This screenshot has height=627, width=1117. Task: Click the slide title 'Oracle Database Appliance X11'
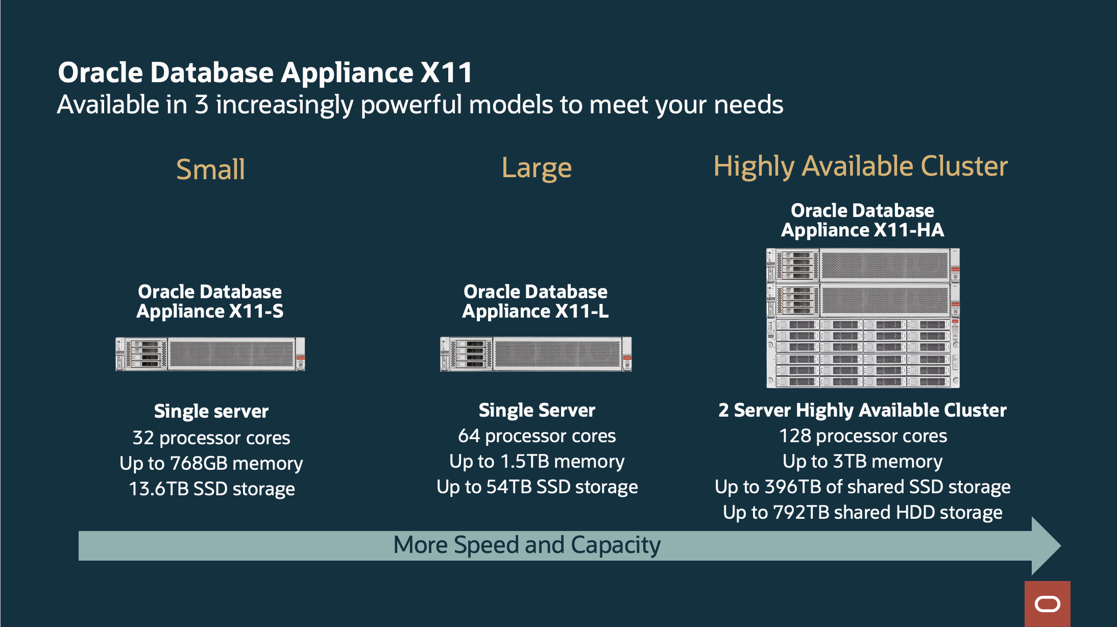click(265, 73)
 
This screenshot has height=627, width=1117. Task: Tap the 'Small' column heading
click(210, 170)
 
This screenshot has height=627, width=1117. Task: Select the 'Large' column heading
click(536, 168)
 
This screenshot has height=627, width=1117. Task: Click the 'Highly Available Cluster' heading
click(860, 166)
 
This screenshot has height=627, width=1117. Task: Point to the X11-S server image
click(210, 354)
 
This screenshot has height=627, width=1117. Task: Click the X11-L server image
click(536, 354)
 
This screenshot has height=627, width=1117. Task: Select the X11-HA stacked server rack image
click(862, 318)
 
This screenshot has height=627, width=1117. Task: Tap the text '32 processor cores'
click(211, 438)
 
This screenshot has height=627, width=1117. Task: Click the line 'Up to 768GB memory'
click(211, 464)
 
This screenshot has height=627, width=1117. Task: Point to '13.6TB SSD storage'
click(211, 489)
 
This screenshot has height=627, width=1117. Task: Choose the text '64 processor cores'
click(537, 436)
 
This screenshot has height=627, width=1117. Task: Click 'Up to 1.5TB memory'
click(537, 462)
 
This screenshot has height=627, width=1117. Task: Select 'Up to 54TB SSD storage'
click(537, 487)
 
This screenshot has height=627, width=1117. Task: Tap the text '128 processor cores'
click(862, 436)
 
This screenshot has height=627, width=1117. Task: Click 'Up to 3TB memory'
click(862, 462)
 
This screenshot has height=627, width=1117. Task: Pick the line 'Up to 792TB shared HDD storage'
click(862, 513)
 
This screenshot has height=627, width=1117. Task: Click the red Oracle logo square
click(1047, 604)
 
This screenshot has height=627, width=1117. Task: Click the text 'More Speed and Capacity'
click(526, 545)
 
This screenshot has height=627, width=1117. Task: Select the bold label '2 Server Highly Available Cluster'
click(862, 411)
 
